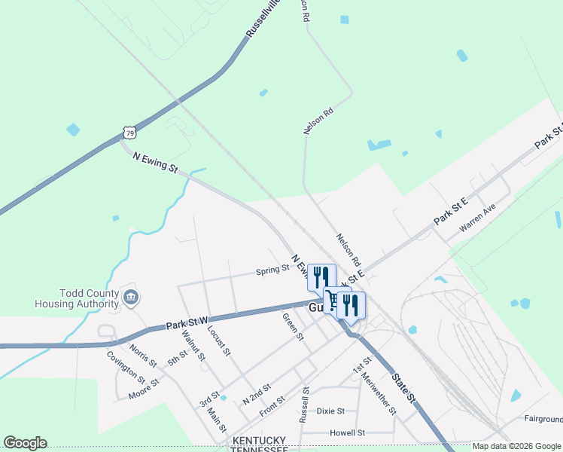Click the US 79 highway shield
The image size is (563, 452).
point(130,133)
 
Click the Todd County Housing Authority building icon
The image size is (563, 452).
point(131,298)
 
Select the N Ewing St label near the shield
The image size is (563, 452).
point(154,161)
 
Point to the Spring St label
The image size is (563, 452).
point(272,269)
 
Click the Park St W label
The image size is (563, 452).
point(187,322)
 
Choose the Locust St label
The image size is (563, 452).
point(218,342)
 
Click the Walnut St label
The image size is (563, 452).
point(197,347)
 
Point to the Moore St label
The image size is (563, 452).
point(144,389)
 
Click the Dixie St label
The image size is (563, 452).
point(330,411)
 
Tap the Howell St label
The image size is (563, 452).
point(347,433)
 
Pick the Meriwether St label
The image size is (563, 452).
point(378,394)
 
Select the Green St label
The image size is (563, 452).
point(292,326)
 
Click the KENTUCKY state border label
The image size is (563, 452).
point(259,441)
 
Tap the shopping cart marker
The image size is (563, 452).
point(332,299)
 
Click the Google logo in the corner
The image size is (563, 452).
point(25,443)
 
